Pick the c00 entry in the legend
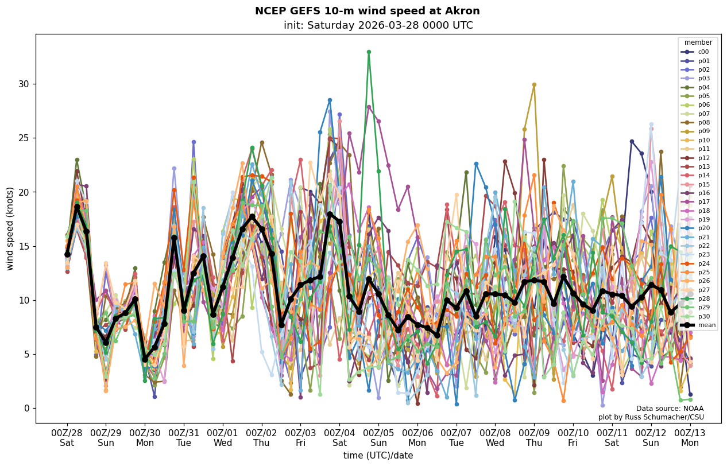703,52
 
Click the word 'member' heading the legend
698,42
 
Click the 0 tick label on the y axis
26,408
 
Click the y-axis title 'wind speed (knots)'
10,228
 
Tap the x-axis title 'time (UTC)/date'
378,456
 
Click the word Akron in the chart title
464,11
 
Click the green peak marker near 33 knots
369,52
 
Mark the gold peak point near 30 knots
534,84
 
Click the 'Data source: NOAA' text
670,409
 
